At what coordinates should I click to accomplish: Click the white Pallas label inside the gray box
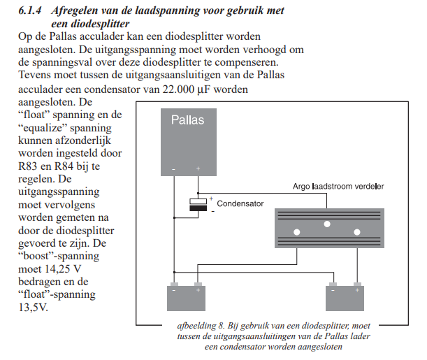point(188,120)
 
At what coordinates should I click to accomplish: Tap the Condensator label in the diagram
point(240,204)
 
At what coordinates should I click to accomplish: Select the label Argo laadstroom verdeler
point(339,187)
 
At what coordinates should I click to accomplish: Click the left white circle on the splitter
point(296,232)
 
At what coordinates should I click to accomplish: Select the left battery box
point(186,297)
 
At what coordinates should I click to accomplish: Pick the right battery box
point(346,297)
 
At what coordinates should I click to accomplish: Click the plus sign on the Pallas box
point(198,168)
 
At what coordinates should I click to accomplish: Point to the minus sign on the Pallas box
point(173,168)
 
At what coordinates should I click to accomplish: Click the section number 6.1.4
point(30,11)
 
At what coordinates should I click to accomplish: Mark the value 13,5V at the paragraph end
point(34,307)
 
